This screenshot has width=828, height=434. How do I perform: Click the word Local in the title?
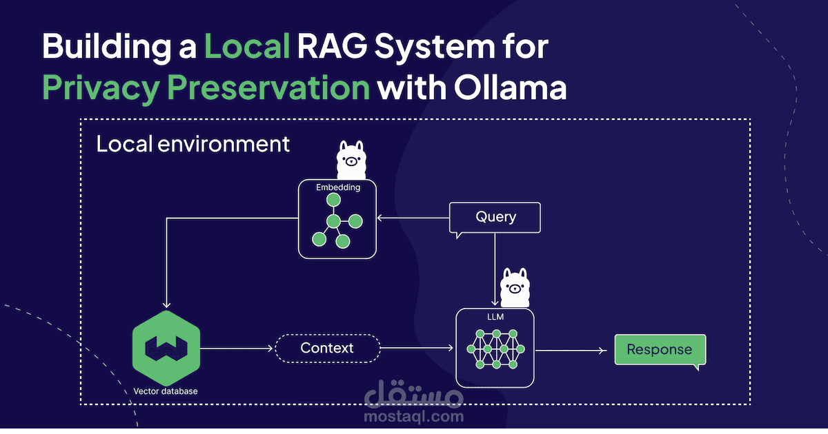tap(247, 48)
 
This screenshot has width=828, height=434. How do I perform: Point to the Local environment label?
tap(193, 145)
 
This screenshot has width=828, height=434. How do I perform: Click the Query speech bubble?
tap(495, 218)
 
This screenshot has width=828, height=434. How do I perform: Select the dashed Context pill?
tap(327, 349)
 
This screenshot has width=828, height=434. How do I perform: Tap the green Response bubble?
tap(659, 349)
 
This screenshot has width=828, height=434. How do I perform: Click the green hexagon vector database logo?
tap(166, 348)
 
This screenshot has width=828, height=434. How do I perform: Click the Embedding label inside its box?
tap(337, 187)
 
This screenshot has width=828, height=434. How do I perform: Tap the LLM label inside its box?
tap(495, 316)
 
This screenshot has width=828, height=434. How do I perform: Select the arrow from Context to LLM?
tap(417, 349)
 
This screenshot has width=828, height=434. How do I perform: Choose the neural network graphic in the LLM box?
tap(495, 349)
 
